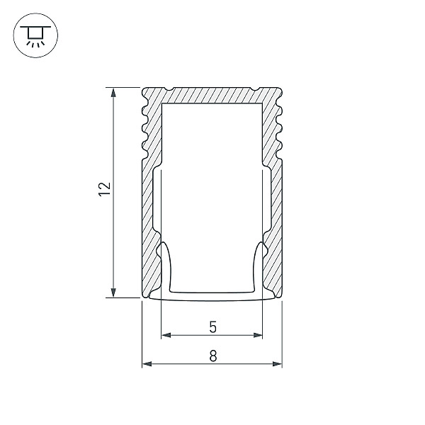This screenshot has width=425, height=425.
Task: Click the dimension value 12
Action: click(104, 188)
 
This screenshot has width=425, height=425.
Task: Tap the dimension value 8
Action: click(212, 357)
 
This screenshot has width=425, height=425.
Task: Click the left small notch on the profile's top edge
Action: click(171, 89)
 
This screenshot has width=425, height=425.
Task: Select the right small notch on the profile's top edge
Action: click(254, 89)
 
